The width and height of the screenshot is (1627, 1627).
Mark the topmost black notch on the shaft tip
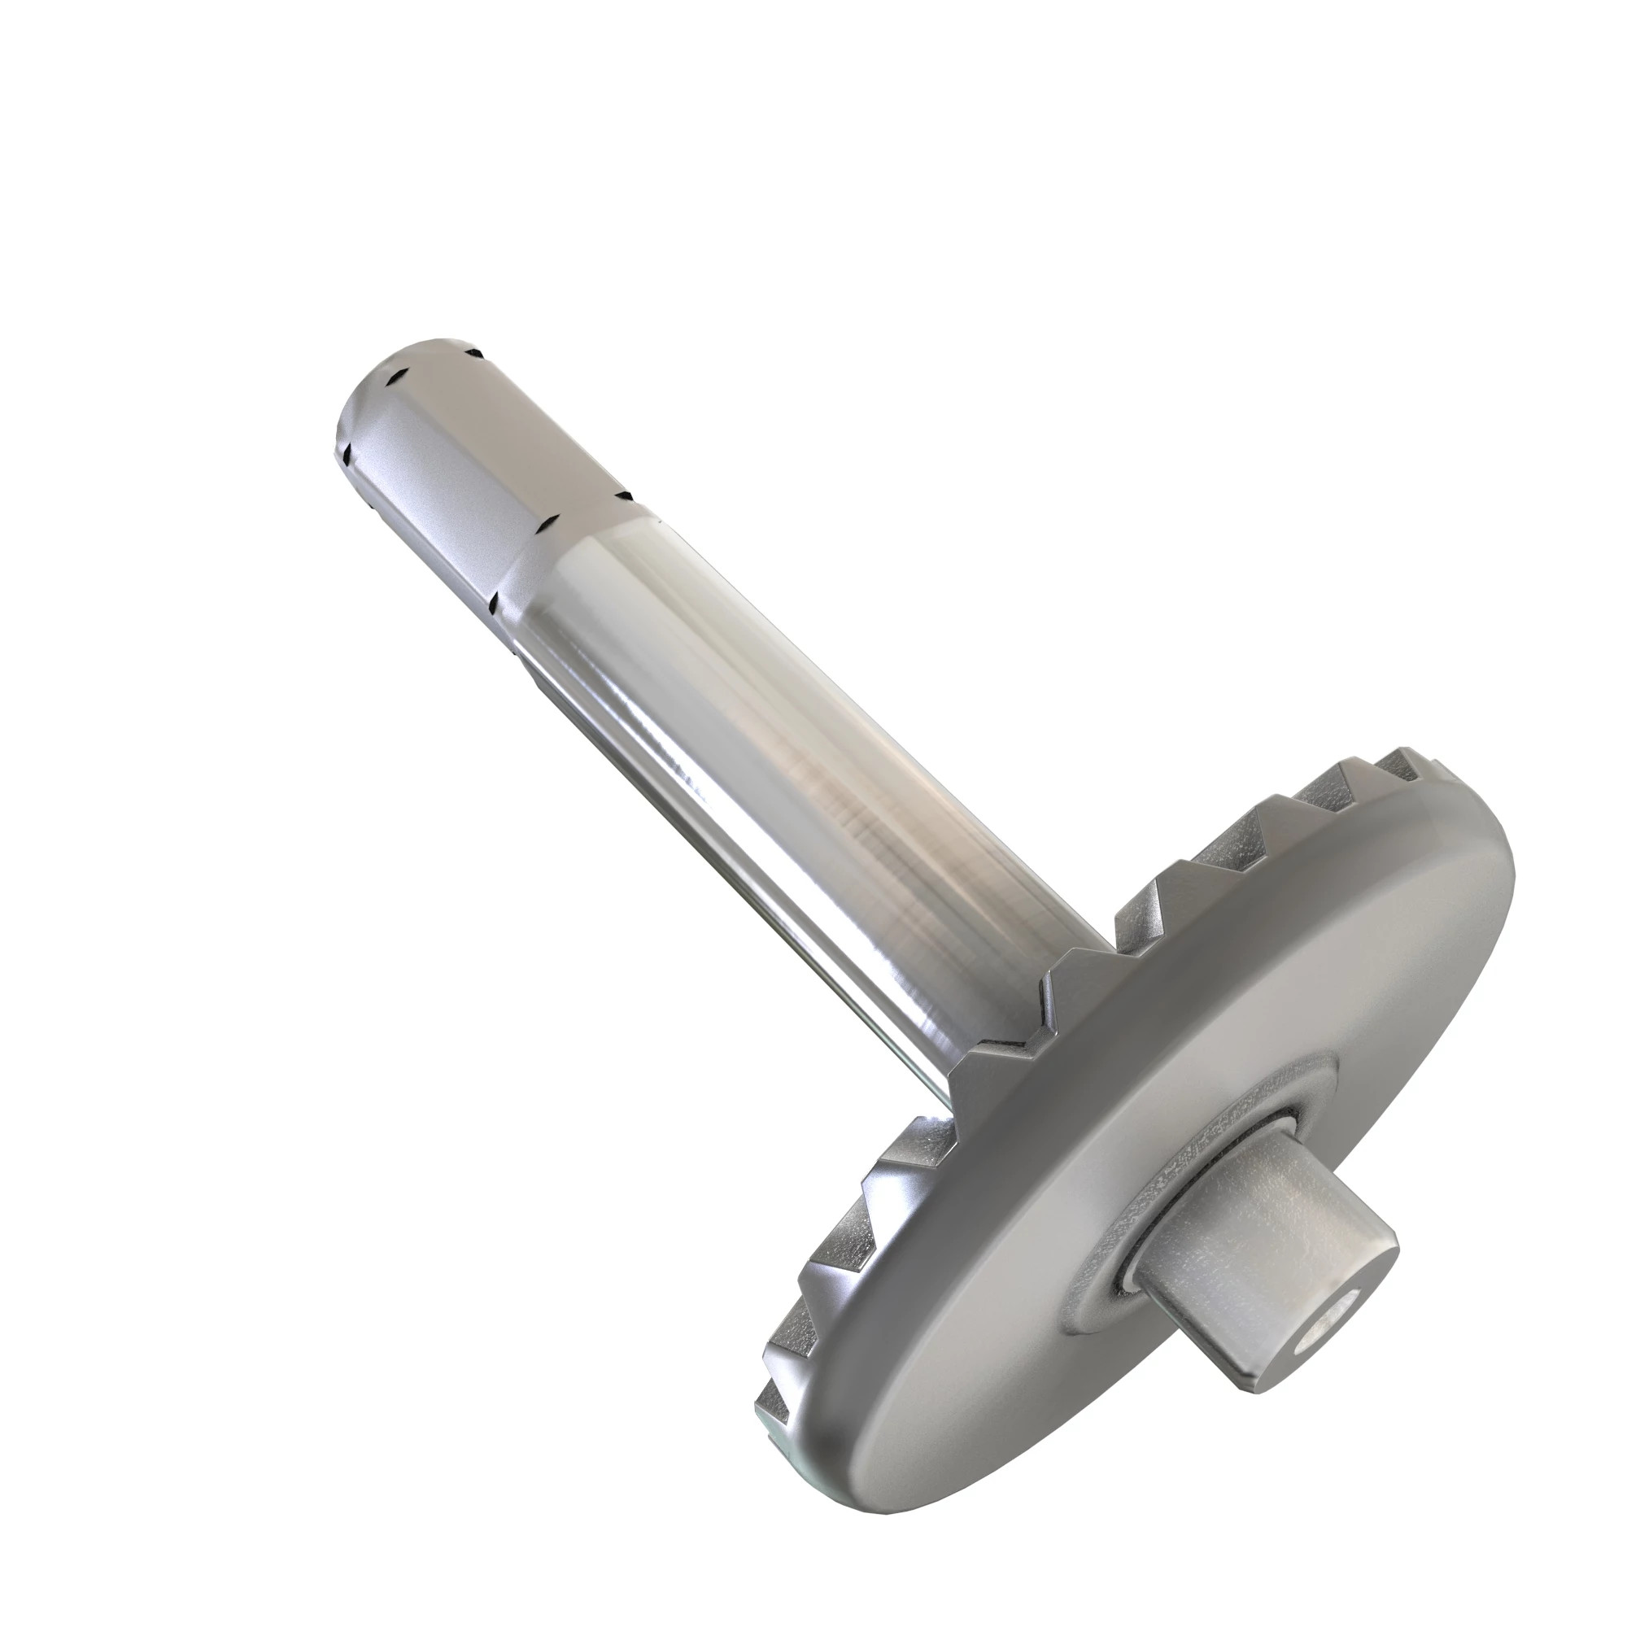pos(477,354)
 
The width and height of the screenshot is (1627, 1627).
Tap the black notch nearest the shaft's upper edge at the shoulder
pos(624,496)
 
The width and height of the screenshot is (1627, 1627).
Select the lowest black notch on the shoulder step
pos(495,601)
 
